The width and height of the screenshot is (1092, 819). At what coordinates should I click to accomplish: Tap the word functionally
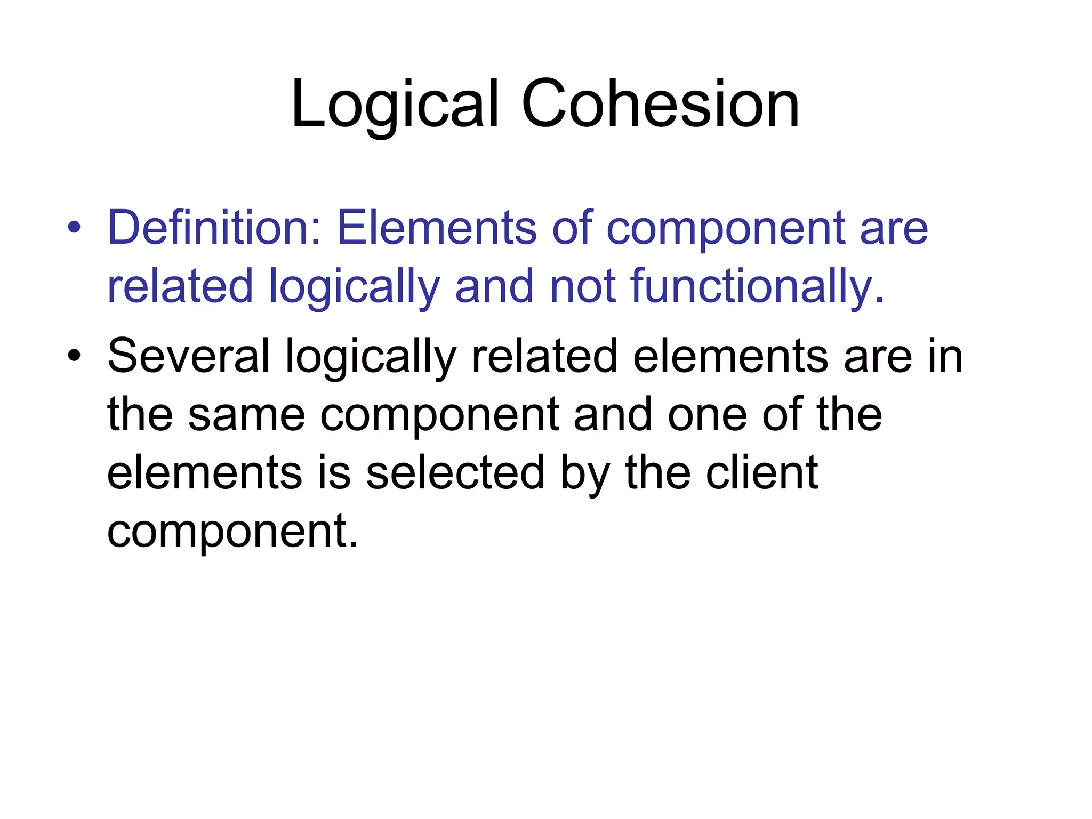coord(757,288)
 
